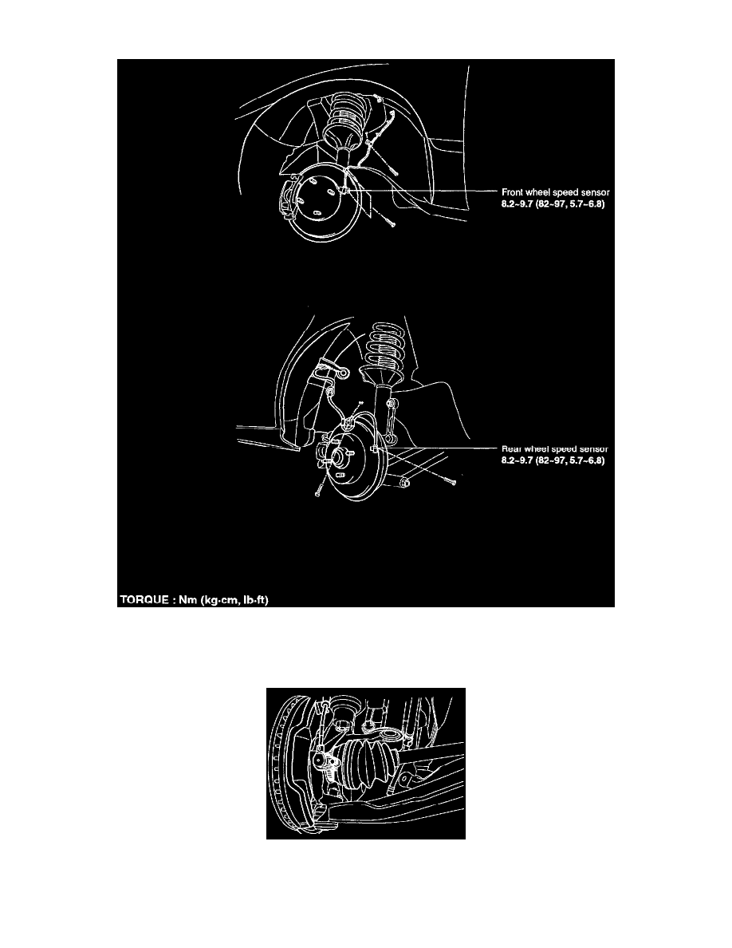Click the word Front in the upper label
(x=512, y=192)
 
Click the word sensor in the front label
(x=594, y=192)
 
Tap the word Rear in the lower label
(x=512, y=448)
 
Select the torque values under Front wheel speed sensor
(x=553, y=203)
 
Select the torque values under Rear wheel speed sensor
(x=553, y=460)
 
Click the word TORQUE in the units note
(x=144, y=600)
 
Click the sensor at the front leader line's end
(x=344, y=191)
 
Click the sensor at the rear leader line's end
(x=376, y=448)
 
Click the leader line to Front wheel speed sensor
(x=423, y=191)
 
